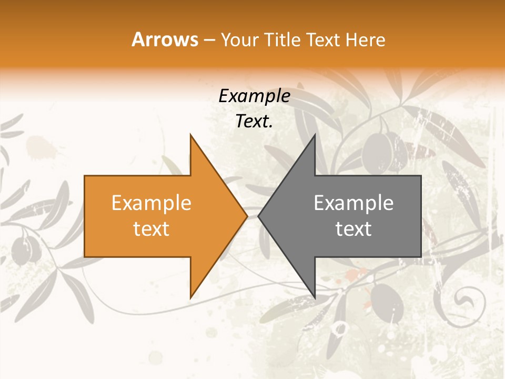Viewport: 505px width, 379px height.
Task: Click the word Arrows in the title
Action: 165,39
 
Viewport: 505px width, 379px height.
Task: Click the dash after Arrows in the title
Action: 209,41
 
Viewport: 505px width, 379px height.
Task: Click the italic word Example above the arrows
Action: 254,96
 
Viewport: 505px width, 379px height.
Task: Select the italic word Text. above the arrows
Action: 254,122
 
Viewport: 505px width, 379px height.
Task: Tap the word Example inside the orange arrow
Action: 151,203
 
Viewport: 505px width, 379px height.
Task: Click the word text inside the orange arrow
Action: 151,229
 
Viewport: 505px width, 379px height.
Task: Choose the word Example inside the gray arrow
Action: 353,203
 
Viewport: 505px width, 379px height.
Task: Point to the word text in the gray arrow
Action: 353,229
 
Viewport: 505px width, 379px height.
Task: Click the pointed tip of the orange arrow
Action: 247,216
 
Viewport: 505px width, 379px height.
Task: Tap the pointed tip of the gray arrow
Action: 258,216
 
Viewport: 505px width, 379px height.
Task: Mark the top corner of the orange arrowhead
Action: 190,135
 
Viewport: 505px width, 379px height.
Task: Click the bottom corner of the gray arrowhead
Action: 315,298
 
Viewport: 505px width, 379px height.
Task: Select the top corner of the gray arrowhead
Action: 315,135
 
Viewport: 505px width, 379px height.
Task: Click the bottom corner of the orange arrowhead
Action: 190,298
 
